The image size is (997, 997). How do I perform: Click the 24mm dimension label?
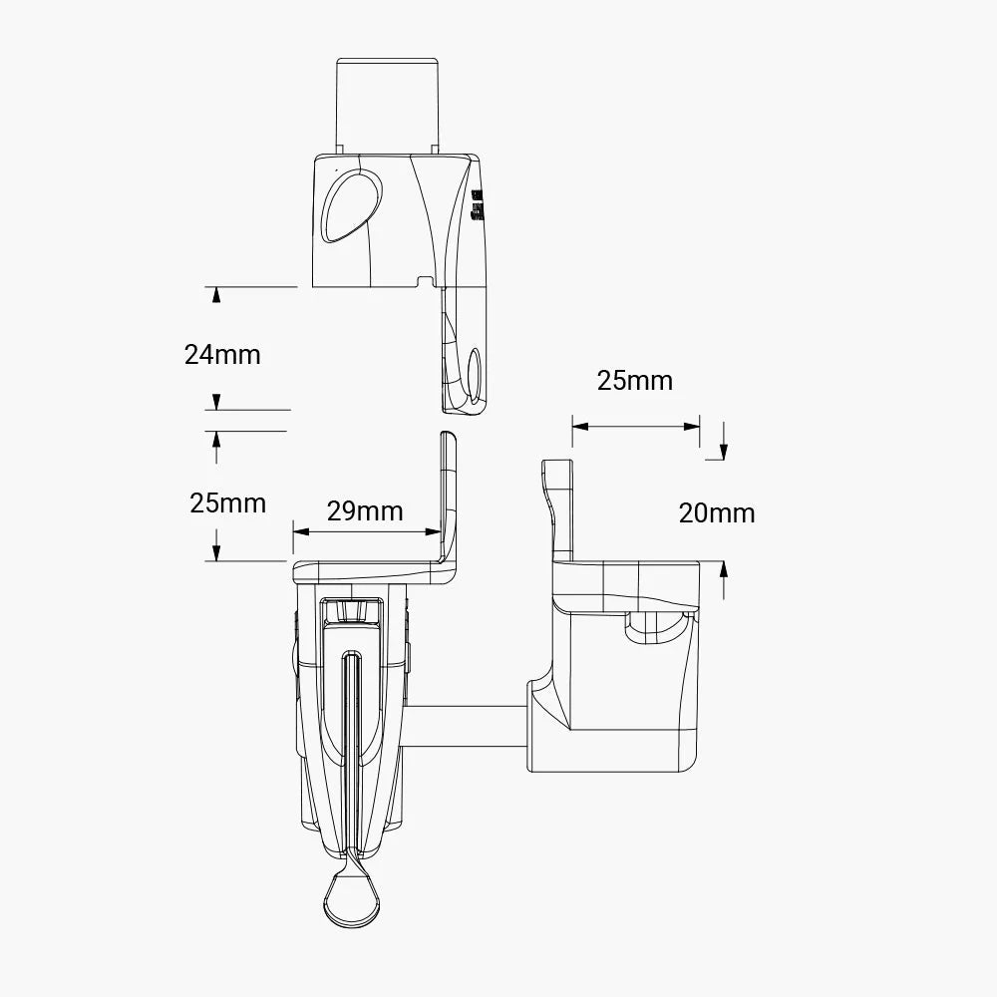[222, 354]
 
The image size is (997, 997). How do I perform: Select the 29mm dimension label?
[365, 511]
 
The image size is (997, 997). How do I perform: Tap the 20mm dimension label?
[717, 513]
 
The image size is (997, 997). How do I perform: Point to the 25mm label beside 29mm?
[228, 502]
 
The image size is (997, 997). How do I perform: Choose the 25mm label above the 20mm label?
[635, 380]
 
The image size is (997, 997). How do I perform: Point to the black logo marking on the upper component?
[477, 203]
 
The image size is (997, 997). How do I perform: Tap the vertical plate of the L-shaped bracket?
[447, 494]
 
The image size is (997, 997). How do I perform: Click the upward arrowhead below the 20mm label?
[723, 570]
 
